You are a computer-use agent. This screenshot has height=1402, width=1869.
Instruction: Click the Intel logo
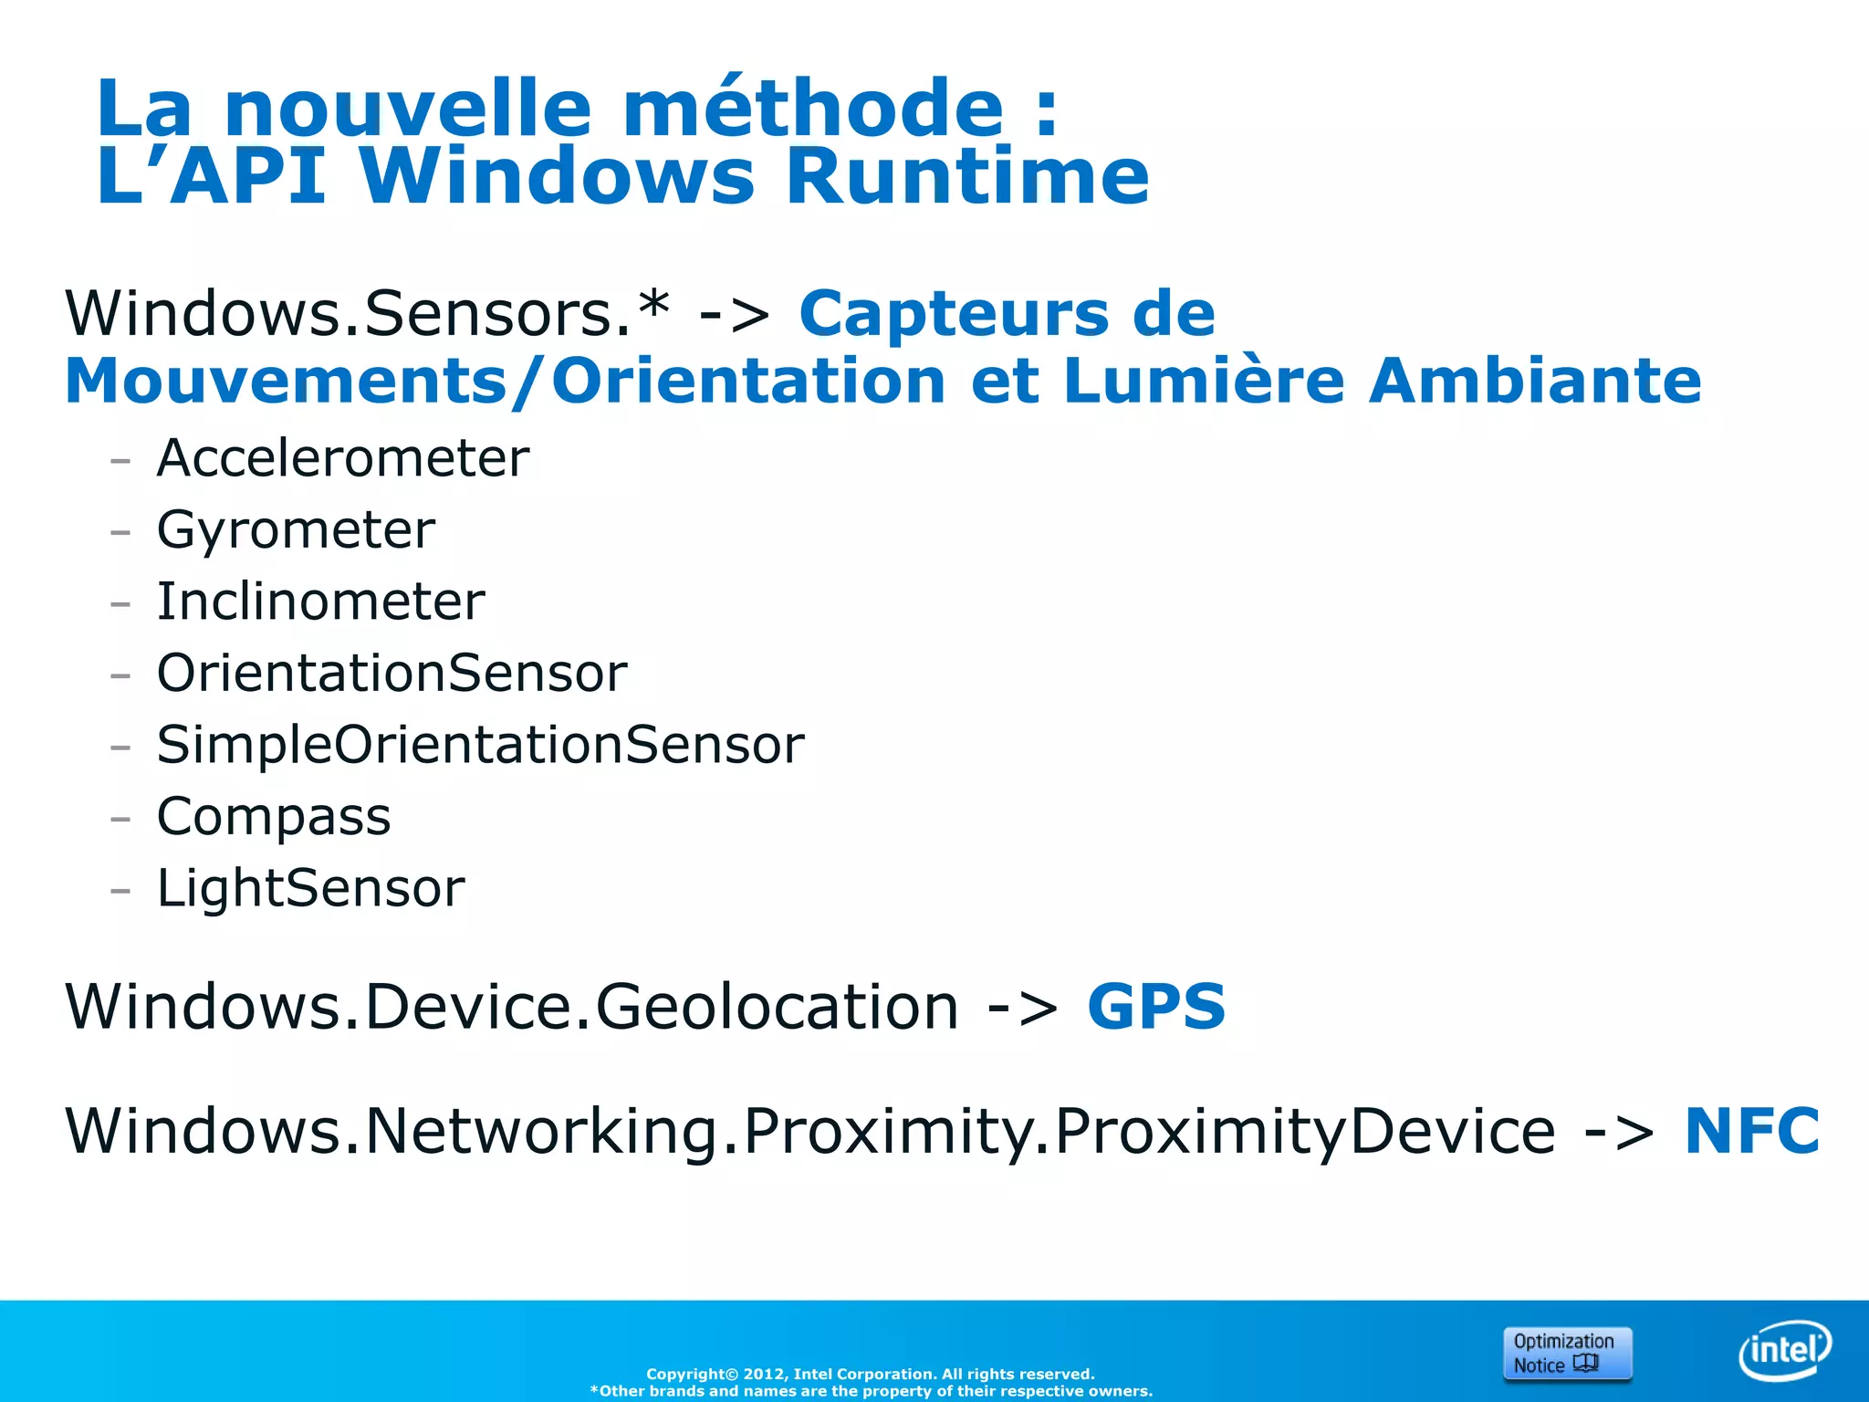[1784, 1350]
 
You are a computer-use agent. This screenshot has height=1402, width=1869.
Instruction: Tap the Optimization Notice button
[1566, 1353]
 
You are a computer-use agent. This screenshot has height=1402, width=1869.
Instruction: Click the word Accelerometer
[342, 457]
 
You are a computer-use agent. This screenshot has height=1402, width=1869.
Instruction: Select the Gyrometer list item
[296, 529]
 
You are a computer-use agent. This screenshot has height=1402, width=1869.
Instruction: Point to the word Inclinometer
[320, 602]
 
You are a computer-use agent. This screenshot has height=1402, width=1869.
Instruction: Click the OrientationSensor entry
[392, 674]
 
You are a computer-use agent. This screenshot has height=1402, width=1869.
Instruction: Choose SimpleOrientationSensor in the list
[480, 745]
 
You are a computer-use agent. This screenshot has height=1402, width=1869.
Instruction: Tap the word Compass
[273, 816]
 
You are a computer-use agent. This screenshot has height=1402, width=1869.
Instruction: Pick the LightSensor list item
[310, 887]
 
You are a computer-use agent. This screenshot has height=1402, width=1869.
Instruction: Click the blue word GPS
[1156, 1007]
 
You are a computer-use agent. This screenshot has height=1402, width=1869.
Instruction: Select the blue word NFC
[1751, 1131]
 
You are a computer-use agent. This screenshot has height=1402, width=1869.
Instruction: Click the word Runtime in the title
[966, 175]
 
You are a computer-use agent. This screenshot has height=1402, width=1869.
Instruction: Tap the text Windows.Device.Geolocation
[511, 1007]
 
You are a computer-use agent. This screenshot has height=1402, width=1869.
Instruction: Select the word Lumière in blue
[1204, 380]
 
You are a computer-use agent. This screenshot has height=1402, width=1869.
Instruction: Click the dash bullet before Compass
[120, 818]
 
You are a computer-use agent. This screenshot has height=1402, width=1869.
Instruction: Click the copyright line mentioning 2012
[870, 1374]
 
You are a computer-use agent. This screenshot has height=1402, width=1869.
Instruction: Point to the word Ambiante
[1535, 380]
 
